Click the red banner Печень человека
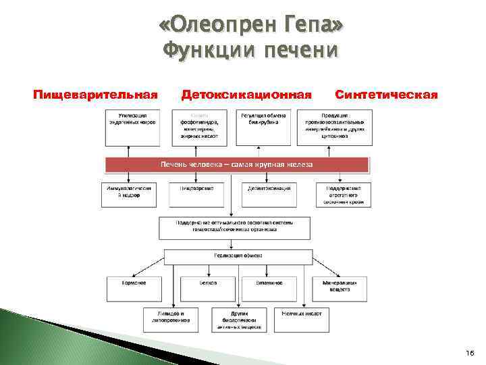(236, 164)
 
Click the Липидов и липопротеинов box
(171, 319)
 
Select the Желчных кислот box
(302, 316)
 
